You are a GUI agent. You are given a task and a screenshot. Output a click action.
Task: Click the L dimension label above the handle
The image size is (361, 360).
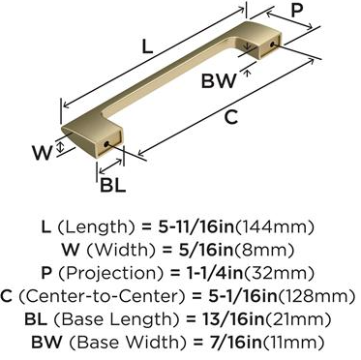[x=147, y=47]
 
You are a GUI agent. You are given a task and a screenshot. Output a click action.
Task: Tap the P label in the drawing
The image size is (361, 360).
[x=297, y=11]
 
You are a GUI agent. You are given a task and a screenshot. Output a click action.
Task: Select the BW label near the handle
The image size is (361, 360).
[x=219, y=80]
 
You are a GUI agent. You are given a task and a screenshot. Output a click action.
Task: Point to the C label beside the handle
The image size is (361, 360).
[x=231, y=117]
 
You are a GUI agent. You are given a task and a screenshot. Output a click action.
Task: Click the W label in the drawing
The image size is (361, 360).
[x=43, y=153]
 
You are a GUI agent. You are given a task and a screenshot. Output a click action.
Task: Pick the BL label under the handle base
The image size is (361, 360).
[x=112, y=185]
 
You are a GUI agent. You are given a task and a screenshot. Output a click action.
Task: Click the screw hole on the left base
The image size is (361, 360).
[x=105, y=144]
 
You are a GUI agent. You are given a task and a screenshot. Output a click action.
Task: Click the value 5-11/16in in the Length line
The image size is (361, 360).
[x=196, y=227]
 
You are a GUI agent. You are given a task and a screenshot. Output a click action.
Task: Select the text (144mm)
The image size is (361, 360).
[x=275, y=227]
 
